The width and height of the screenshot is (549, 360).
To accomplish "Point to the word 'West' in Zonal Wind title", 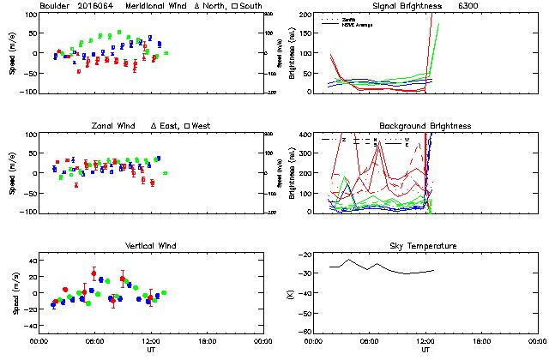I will (x=202, y=126).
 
